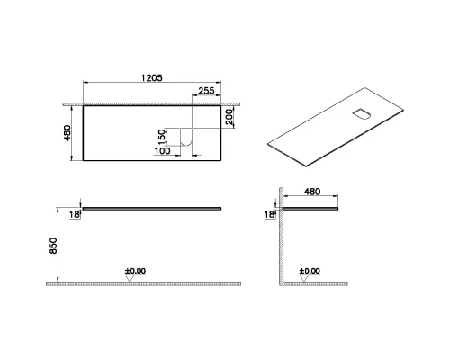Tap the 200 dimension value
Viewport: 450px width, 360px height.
tap(230, 117)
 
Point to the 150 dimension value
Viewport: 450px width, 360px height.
tap(162, 137)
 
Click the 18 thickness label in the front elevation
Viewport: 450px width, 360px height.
tap(76, 214)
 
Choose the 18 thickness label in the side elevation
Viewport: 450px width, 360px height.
tap(268, 214)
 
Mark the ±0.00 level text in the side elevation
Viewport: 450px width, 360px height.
tap(310, 270)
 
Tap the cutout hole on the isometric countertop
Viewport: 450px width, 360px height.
tap(361, 113)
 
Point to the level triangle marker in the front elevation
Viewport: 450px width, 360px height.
tap(131, 278)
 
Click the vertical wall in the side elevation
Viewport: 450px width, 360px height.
tap(281, 238)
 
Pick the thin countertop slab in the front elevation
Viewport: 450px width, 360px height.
tap(153, 206)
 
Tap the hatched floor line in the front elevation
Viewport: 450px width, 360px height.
tap(135, 283)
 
